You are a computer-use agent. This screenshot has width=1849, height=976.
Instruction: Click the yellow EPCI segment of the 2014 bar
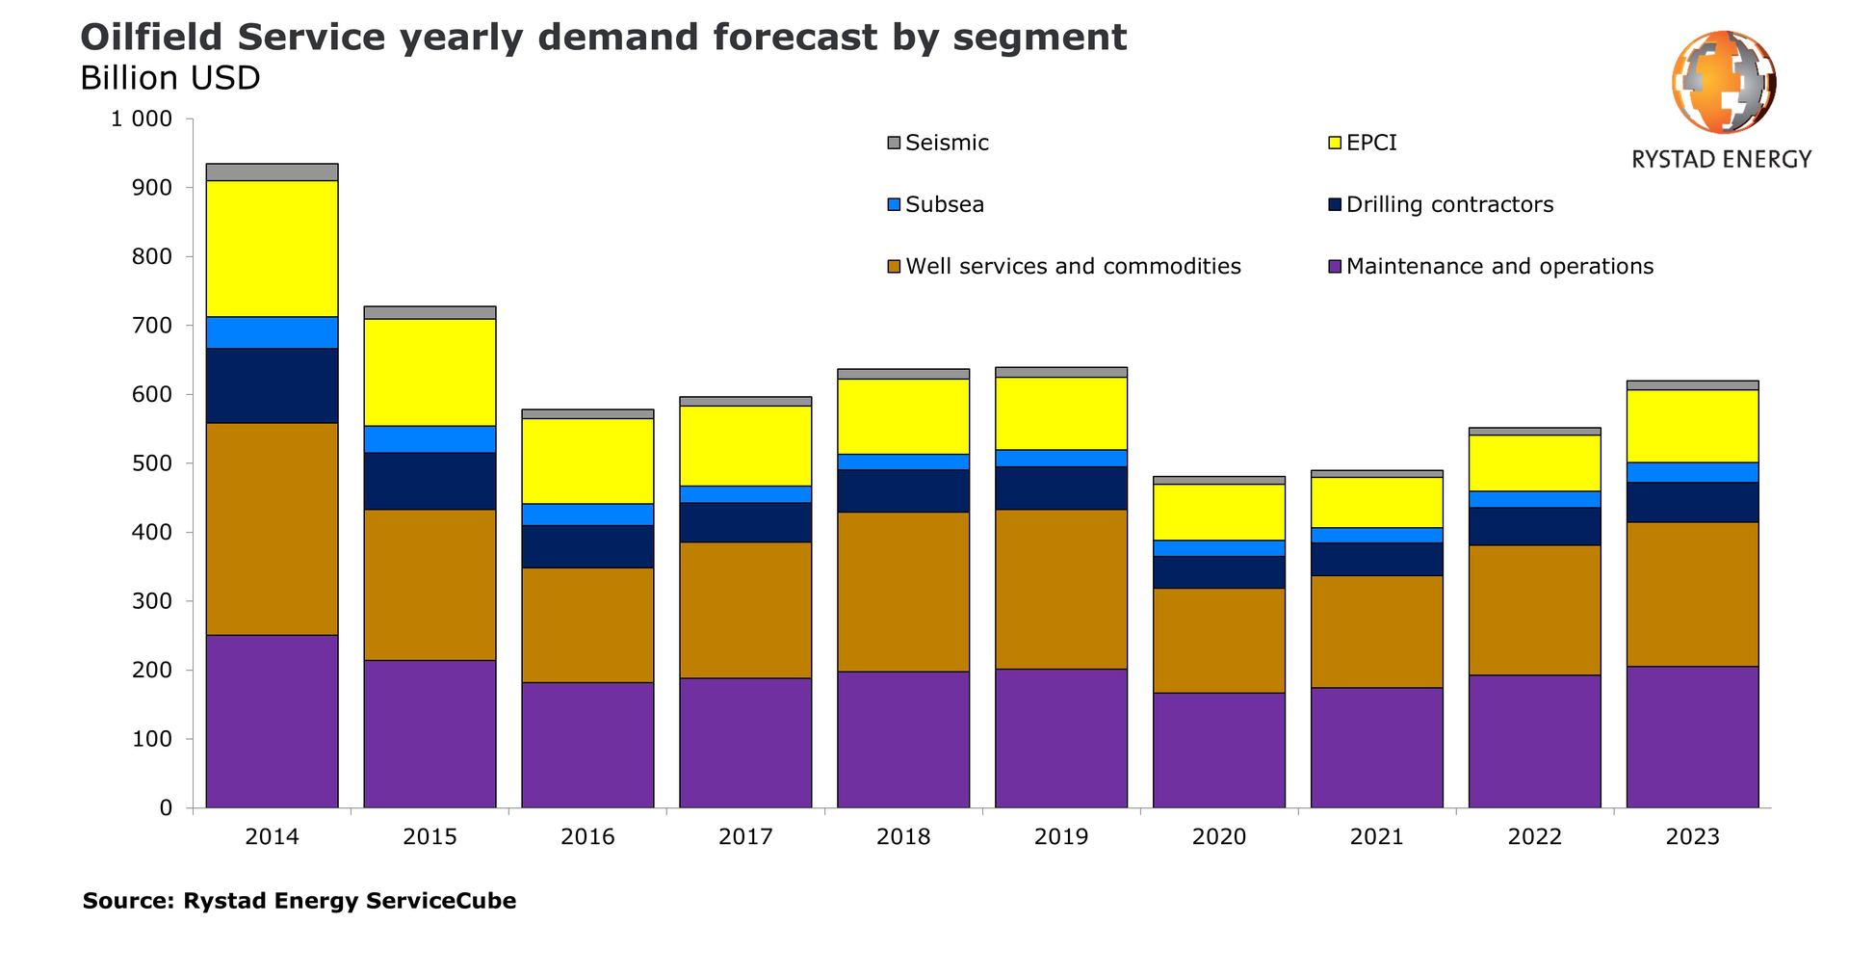(x=272, y=249)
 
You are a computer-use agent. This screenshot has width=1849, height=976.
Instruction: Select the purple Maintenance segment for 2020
(x=1218, y=750)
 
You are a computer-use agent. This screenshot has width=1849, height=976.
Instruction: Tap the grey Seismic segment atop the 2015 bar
(x=430, y=312)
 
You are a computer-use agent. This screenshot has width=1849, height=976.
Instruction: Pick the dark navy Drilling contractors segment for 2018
(x=902, y=490)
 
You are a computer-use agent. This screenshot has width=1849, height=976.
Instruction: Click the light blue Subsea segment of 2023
(x=1692, y=472)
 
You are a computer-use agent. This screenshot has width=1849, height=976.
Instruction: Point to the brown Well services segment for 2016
(x=587, y=624)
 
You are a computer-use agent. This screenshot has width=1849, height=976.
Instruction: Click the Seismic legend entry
(x=947, y=143)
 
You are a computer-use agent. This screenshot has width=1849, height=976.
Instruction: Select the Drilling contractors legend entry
(x=1448, y=204)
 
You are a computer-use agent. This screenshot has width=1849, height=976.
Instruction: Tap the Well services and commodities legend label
(x=1073, y=266)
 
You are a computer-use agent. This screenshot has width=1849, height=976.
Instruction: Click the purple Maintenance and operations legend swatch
(x=1335, y=267)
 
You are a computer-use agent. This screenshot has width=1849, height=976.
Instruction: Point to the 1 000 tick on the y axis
(x=141, y=119)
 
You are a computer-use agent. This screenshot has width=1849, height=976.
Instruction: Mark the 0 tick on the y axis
(x=166, y=808)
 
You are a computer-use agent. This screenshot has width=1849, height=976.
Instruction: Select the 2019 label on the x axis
(x=1060, y=836)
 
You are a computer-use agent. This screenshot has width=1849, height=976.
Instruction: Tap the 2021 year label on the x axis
(x=1376, y=836)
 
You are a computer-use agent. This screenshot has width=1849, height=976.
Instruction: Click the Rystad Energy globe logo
(x=1723, y=82)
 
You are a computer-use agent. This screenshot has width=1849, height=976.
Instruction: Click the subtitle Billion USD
(x=169, y=78)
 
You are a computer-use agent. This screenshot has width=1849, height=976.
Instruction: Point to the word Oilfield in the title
(x=150, y=38)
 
